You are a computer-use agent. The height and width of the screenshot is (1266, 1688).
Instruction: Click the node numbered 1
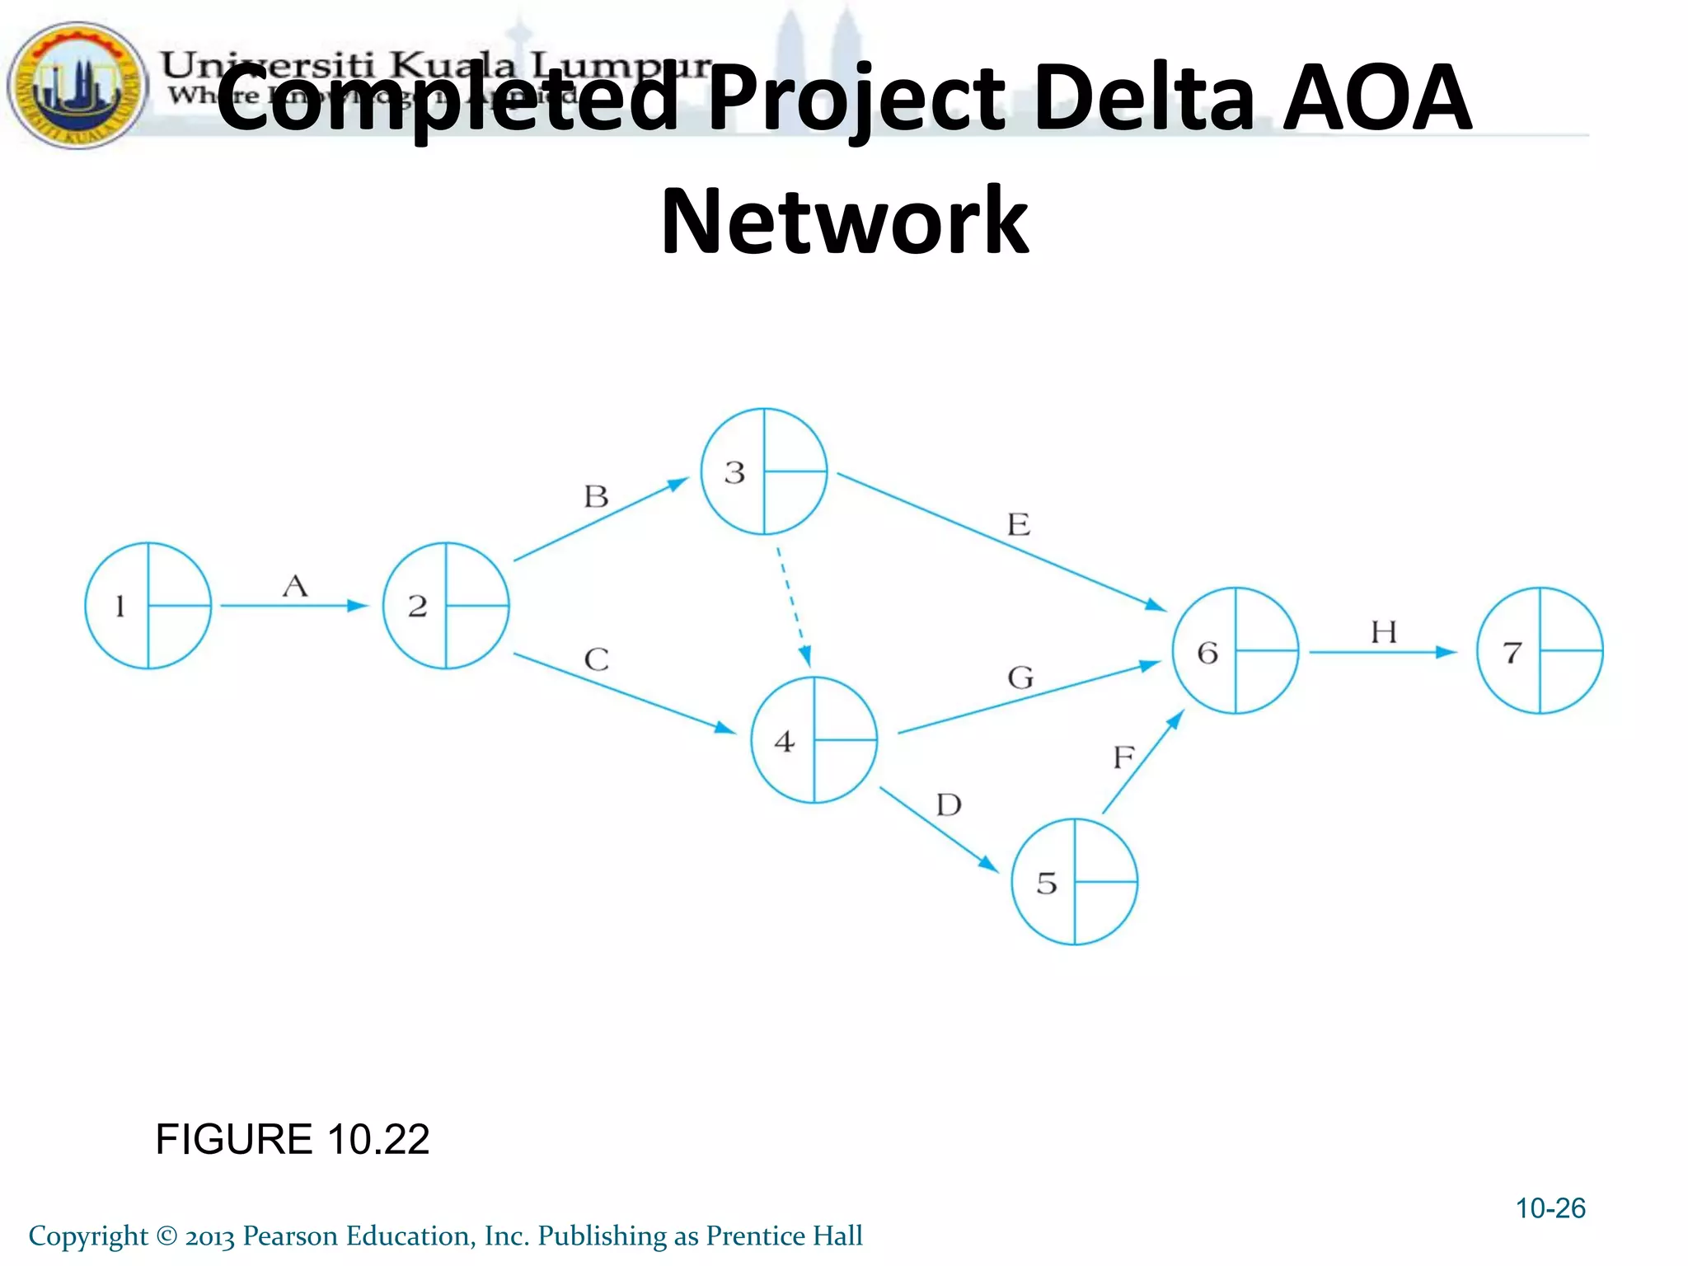pos(148,606)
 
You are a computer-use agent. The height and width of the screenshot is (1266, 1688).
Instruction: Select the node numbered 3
pos(764,471)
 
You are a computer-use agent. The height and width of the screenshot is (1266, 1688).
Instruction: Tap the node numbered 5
pos(1075,882)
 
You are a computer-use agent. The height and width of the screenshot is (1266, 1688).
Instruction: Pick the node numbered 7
pos(1540,651)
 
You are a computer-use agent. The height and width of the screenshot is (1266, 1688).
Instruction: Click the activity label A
pos(295,586)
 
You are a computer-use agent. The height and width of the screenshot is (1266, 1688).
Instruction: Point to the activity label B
pos(596,496)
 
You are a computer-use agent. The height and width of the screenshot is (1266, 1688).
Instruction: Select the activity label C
pos(596,659)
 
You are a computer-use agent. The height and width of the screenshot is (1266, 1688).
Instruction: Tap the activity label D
pos(949,804)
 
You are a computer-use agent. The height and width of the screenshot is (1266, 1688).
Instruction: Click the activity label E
pos(1019,524)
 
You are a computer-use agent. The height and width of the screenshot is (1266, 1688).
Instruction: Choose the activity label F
pos(1123,757)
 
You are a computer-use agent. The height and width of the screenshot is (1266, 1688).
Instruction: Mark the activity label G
pos(1020,678)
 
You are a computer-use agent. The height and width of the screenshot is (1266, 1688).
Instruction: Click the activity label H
pos(1384,632)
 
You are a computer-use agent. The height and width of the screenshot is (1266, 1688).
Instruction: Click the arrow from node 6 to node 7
pos(1381,652)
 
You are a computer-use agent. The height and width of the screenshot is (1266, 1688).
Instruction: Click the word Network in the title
pos(844,221)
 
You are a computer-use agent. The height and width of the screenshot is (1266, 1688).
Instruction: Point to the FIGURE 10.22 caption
pos(293,1139)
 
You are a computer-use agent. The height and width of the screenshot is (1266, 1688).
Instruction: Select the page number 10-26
pos(1550,1208)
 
